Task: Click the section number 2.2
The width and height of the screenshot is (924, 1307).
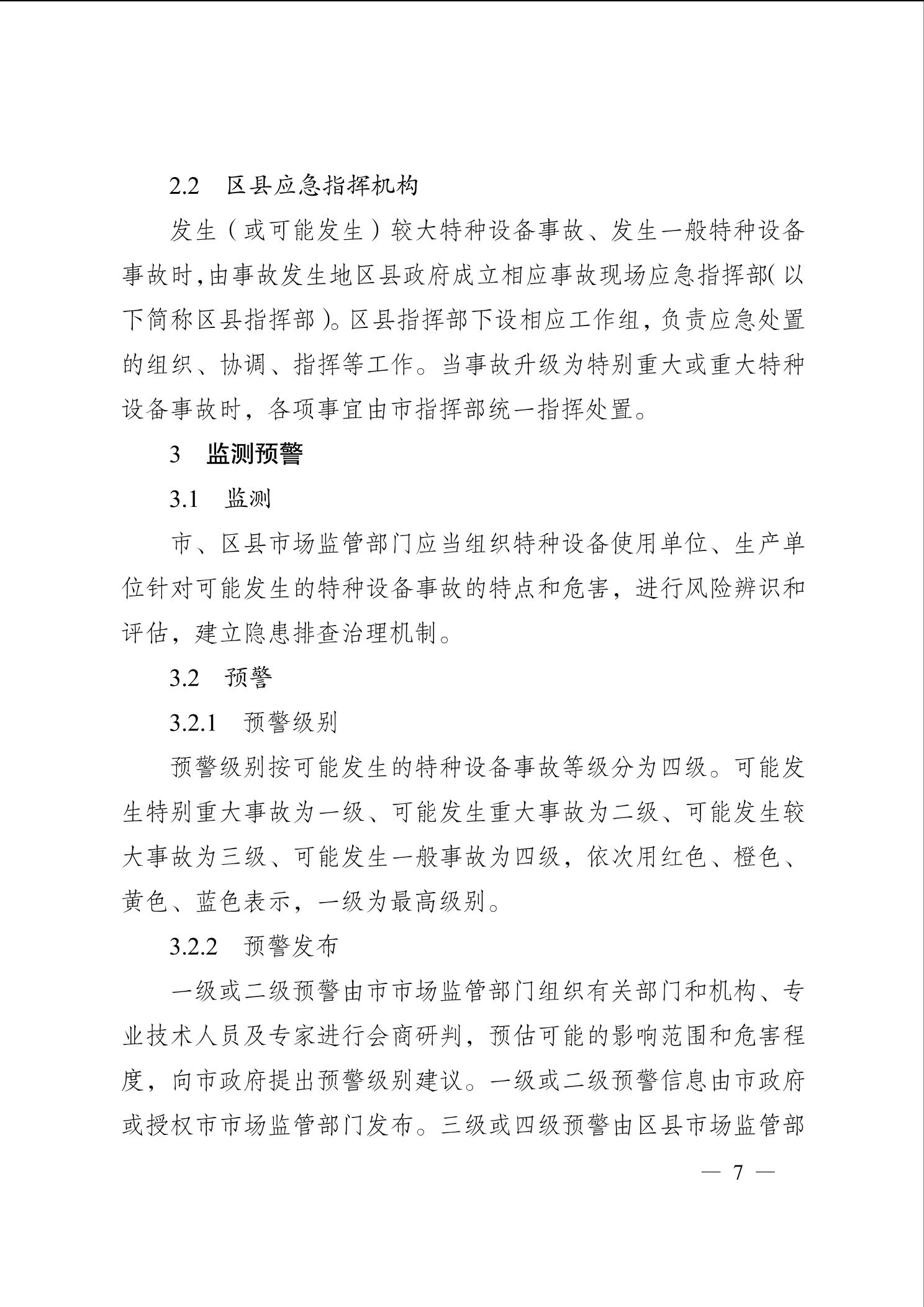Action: click(184, 186)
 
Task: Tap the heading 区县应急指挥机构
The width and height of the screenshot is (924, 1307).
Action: click(322, 185)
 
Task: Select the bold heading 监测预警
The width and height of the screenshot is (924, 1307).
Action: click(255, 454)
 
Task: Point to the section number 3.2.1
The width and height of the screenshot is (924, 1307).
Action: click(193, 723)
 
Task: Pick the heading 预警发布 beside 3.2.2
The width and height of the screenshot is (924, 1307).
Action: click(291, 946)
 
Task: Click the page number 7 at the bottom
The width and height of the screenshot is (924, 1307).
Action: click(738, 1172)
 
